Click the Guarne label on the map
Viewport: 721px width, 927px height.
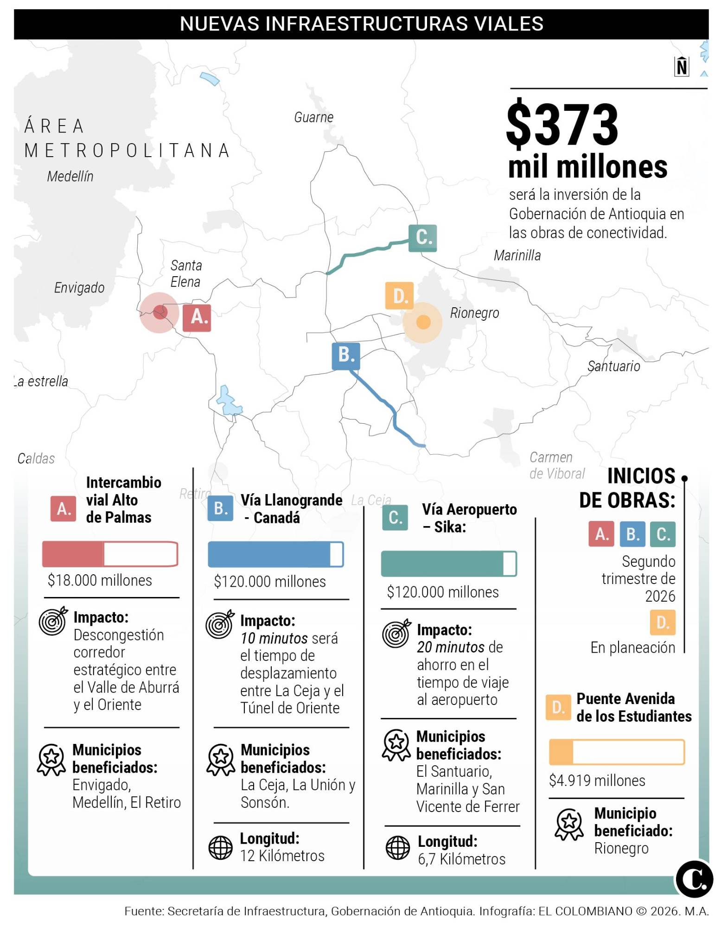313,117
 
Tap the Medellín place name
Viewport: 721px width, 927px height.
70,176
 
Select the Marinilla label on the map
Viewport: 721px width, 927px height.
517,255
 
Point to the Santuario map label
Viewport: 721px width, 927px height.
613,366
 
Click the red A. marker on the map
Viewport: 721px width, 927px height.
197,317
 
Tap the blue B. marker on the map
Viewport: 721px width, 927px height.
346,356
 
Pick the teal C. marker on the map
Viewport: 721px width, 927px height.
422,238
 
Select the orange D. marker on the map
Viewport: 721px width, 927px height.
399,296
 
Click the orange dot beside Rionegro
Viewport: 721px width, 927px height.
423,322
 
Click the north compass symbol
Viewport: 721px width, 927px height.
682,66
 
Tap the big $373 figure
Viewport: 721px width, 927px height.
562,124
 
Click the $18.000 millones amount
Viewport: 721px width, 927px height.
100,580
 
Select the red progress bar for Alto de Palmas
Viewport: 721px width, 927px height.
110,554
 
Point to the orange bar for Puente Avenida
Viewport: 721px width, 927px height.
617,752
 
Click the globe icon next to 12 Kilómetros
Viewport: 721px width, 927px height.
221,848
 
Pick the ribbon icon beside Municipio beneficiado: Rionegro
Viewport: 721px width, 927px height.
569,825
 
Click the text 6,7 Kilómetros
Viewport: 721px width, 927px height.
461,859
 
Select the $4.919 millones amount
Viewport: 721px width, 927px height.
597,781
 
